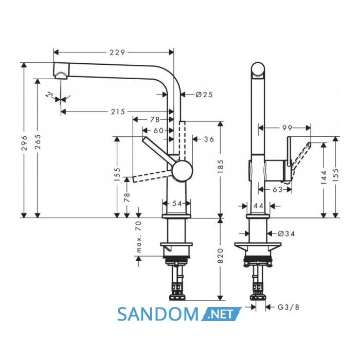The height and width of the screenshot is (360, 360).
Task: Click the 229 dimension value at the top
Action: point(117,52)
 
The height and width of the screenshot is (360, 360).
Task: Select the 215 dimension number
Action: point(118,112)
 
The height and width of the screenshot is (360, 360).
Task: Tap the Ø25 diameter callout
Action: point(204,94)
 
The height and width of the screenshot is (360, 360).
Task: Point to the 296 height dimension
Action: point(24,143)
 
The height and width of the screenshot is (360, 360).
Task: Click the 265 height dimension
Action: point(38,141)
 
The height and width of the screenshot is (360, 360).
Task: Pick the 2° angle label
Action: point(49,95)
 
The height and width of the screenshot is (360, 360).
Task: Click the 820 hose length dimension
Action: point(220,256)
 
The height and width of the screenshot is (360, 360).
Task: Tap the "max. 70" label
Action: point(139,237)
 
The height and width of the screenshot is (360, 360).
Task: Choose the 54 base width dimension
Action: point(177,204)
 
